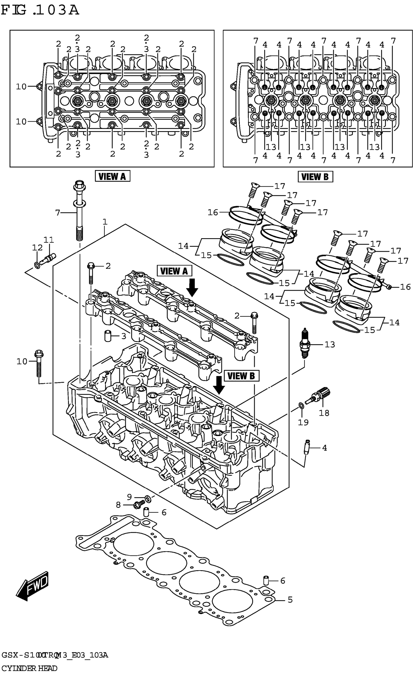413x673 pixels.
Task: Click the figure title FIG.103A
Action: [40, 10]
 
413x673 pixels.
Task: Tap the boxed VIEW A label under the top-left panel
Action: [112, 176]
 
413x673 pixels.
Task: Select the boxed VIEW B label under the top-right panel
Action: [315, 176]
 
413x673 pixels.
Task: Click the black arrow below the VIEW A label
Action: [192, 288]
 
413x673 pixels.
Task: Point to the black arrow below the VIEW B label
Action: [219, 385]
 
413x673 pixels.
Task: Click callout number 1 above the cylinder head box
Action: [105, 222]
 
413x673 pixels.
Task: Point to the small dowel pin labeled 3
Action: [108, 336]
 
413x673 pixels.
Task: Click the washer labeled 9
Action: [147, 499]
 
